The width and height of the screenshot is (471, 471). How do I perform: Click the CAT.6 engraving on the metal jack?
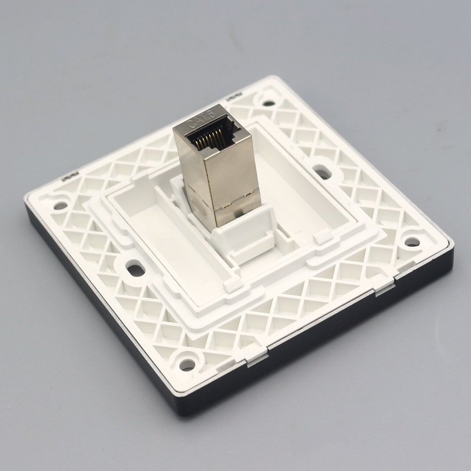[201, 119]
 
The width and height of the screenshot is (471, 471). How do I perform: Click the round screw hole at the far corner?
[268, 104]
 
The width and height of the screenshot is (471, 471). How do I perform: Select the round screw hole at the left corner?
[61, 205]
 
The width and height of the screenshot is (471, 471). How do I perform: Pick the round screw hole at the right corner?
[412, 242]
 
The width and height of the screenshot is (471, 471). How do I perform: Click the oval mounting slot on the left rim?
[135, 270]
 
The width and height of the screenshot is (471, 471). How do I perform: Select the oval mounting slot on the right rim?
[322, 173]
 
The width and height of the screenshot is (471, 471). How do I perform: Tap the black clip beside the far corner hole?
[233, 97]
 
